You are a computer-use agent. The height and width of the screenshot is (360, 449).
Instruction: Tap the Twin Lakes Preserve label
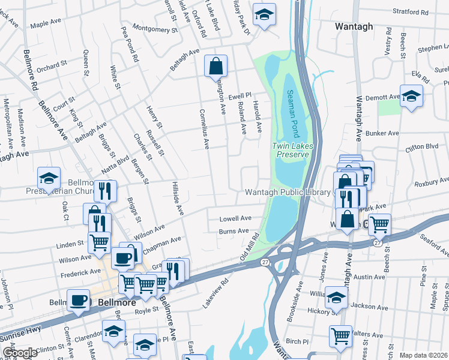(x=291, y=150)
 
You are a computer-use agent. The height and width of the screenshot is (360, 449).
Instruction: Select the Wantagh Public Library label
(x=288, y=192)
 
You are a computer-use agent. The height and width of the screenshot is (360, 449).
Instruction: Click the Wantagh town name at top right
(x=354, y=26)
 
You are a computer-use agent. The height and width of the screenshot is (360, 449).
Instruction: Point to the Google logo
(x=20, y=353)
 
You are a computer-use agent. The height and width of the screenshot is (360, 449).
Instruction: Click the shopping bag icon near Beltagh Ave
(x=216, y=67)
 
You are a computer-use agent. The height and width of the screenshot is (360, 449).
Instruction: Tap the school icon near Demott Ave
(x=411, y=96)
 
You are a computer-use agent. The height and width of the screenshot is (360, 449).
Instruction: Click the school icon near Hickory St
(x=336, y=297)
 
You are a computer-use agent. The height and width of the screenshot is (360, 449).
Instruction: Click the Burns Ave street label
(x=234, y=230)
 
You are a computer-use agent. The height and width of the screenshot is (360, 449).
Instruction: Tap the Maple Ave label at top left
(x=47, y=25)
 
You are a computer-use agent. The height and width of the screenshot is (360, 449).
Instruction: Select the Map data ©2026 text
(x=423, y=355)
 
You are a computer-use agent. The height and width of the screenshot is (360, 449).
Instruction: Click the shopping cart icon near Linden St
(x=100, y=242)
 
